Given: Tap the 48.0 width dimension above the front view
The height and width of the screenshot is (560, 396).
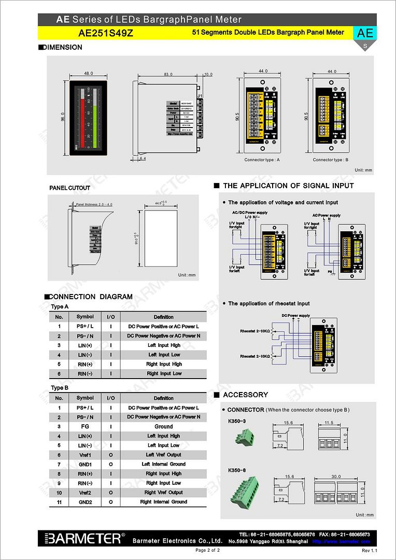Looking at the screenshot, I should [x=88, y=74].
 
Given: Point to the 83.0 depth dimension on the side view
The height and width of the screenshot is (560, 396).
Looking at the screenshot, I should [x=168, y=74].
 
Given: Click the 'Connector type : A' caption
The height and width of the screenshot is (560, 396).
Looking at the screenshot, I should [x=262, y=160].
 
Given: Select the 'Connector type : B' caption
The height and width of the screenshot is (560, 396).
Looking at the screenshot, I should [x=331, y=160].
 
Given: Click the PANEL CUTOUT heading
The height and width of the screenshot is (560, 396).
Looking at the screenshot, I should [x=69, y=188].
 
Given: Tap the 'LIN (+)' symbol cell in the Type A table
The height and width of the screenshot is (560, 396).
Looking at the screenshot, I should [x=85, y=345].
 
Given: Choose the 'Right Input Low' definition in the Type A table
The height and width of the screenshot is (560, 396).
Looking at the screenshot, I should [x=164, y=373].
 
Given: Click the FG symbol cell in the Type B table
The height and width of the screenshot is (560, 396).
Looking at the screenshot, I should [x=85, y=426].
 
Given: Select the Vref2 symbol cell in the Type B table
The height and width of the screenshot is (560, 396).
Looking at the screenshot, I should [x=85, y=493].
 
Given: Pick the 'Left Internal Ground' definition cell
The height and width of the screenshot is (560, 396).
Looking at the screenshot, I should [x=164, y=464].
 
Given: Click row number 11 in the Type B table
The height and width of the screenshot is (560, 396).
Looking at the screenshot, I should [x=59, y=502].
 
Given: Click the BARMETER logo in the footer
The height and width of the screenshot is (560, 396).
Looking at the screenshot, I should [x=83, y=538].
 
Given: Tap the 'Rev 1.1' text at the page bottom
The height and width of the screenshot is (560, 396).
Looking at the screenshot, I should [x=369, y=550].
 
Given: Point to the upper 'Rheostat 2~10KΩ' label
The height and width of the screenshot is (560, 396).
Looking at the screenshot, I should [x=255, y=331].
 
